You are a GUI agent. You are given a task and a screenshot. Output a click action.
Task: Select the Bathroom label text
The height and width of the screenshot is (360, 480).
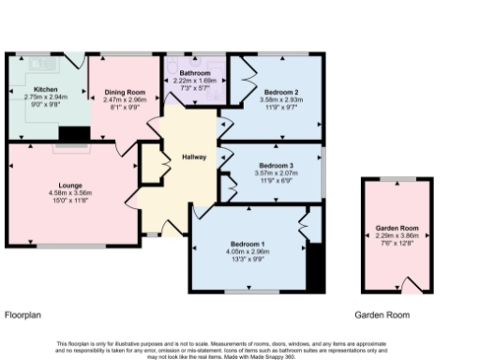click(195, 73)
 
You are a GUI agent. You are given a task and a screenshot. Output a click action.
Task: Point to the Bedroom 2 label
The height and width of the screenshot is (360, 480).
click(280, 91)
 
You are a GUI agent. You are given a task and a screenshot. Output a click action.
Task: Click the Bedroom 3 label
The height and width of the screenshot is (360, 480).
click(276, 166)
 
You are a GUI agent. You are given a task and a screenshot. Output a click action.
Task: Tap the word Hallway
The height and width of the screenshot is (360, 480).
click(195, 157)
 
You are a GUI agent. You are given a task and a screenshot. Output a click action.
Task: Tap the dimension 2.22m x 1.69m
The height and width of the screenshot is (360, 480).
click(195, 81)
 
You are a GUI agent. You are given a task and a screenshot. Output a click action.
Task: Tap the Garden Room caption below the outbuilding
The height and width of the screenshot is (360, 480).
click(382, 315)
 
